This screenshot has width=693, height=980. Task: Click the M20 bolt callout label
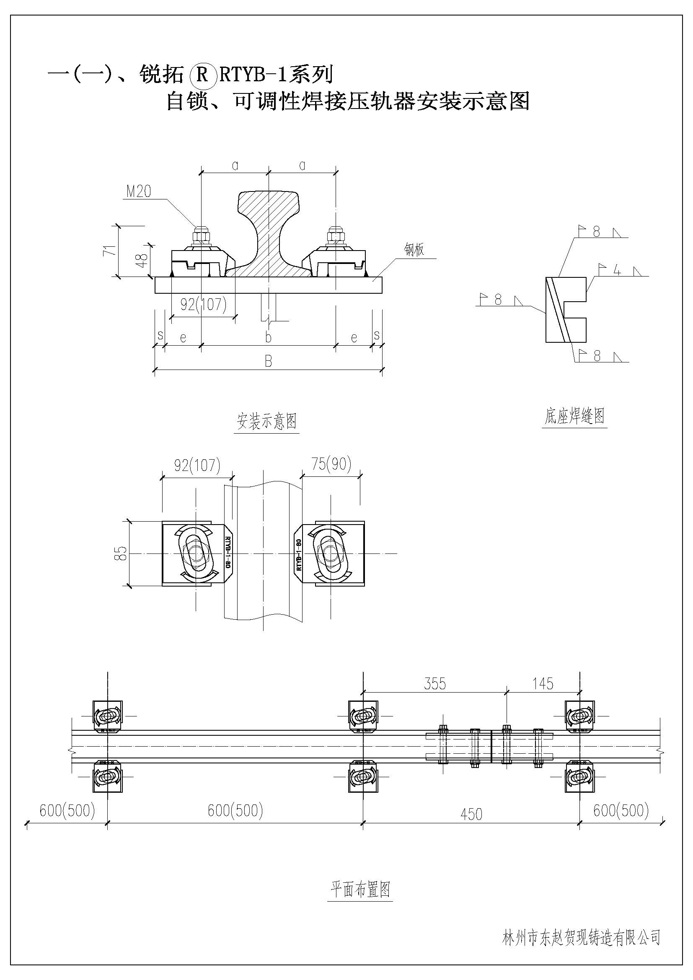point(139,191)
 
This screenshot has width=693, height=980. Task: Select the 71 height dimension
point(110,250)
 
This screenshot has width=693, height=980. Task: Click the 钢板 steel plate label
point(414,250)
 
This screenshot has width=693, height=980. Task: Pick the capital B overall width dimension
point(268,362)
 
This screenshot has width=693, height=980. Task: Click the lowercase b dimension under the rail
point(268,338)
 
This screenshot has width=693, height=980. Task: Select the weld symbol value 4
point(616,270)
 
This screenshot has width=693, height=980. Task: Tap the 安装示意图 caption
point(267,421)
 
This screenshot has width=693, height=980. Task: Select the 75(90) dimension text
point(331,464)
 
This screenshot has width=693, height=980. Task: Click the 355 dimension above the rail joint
point(435,684)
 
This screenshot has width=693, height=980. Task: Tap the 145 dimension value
point(543,684)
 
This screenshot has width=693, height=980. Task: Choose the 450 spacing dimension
point(471,814)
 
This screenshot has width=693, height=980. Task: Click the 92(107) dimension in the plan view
point(197,465)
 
